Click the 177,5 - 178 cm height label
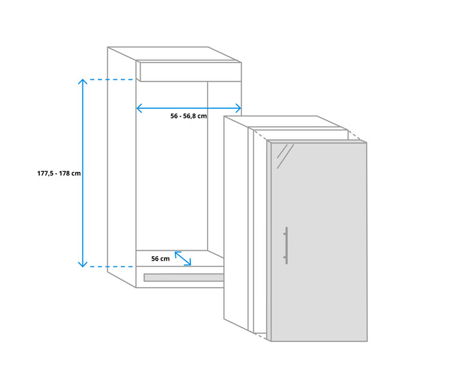(x=59, y=174)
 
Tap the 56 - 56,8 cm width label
(x=188, y=116)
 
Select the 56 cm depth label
(x=161, y=259)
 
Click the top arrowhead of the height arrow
(x=83, y=81)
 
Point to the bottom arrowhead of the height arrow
(x=83, y=264)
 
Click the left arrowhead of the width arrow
(x=139, y=108)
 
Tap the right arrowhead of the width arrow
(x=239, y=108)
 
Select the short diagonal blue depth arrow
(x=183, y=259)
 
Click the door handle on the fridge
(x=286, y=245)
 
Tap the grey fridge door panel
(x=319, y=242)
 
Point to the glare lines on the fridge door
(x=285, y=156)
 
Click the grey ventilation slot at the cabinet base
(x=184, y=277)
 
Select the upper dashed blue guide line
(x=111, y=80)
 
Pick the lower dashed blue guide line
(x=111, y=266)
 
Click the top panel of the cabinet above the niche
(x=190, y=72)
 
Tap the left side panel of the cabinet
(x=122, y=167)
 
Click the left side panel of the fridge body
(x=236, y=223)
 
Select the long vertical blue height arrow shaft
(x=83, y=173)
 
